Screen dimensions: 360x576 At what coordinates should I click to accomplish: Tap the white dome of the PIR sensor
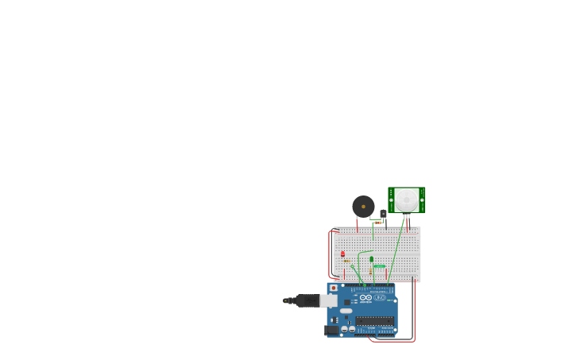coord(407,199)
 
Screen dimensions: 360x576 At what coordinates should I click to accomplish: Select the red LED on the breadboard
coord(343,254)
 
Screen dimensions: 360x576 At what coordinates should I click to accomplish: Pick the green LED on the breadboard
coord(371,259)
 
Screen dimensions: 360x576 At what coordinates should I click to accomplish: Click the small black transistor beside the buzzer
coord(383,213)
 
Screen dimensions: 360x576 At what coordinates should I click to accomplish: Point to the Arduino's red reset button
coord(334,288)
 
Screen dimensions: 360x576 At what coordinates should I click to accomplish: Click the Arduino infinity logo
coord(365,297)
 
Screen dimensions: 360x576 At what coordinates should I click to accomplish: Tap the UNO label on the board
coord(381,297)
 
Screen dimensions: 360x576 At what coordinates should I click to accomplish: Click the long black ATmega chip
coord(374,321)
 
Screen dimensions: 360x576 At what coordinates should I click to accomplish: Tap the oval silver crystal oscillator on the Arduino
coord(346,311)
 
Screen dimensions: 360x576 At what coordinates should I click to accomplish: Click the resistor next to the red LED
coord(347,261)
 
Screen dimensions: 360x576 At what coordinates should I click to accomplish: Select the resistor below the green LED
coord(371,271)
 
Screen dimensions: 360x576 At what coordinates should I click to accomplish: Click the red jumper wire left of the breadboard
coord(329,254)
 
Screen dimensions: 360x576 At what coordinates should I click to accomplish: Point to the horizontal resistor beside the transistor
coord(377,223)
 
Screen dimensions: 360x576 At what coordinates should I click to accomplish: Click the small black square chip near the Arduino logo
coord(347,302)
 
